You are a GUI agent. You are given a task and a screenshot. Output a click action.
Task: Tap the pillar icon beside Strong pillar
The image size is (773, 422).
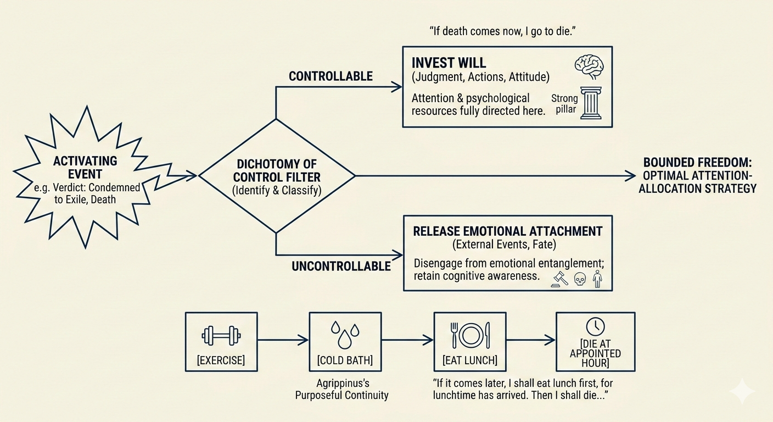point(591,103)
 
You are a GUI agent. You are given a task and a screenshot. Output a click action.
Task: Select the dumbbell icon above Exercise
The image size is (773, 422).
point(222,335)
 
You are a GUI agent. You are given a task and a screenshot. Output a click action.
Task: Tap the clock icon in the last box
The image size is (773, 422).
point(595,327)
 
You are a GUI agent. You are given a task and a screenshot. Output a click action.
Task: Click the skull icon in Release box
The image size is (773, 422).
point(579,280)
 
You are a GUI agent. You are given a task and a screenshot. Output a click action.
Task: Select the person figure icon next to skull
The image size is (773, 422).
point(597,279)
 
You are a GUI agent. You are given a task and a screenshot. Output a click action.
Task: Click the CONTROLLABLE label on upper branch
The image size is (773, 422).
point(331,76)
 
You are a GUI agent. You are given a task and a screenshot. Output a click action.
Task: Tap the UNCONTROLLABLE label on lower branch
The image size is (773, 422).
point(341,266)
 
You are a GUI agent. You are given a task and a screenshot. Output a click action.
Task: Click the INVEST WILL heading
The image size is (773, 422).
point(449,63)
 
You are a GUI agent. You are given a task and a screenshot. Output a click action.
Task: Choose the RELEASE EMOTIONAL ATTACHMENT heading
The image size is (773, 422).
point(507,231)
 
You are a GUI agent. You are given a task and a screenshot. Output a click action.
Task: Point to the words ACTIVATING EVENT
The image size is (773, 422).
point(85,168)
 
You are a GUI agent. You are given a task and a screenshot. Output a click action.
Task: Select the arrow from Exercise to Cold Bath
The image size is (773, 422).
point(283,341)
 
